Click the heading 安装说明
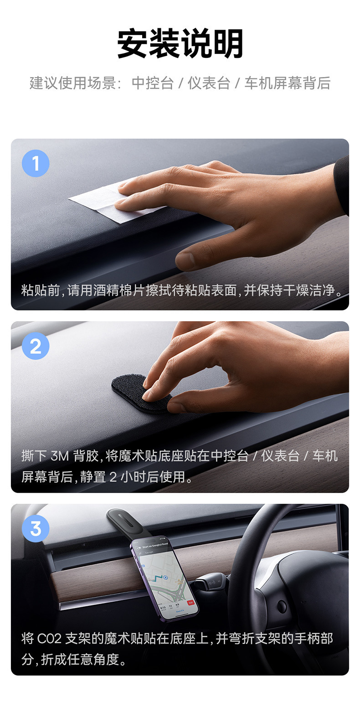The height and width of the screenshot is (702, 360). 180,43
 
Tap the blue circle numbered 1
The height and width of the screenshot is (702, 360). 36,163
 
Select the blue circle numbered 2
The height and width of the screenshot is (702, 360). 36,346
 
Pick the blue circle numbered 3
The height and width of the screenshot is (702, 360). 36,528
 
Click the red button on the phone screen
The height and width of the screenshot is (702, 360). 190,602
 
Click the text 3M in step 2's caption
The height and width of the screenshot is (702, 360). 60,456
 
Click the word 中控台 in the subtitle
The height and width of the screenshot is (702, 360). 153,83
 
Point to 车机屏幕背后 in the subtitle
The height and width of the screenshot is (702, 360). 287,83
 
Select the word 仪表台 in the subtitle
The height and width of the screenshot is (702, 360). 209,83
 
